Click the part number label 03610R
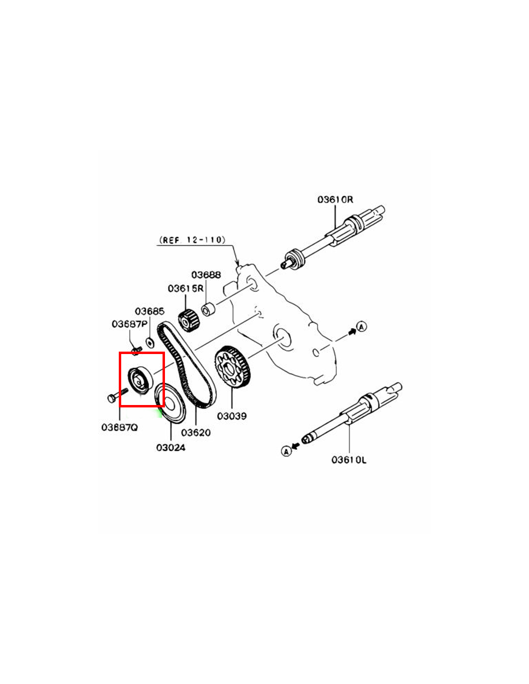(x=335, y=200)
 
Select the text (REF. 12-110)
(x=192, y=240)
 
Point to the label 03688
(x=206, y=275)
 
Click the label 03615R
(x=186, y=288)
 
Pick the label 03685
(x=150, y=311)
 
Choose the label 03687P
(x=130, y=324)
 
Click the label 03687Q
(x=120, y=428)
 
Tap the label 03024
(x=171, y=447)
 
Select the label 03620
(x=196, y=432)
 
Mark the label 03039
(x=232, y=416)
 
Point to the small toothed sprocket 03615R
(x=189, y=320)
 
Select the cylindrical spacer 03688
(x=208, y=309)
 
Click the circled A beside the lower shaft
(x=286, y=451)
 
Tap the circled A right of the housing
(x=362, y=327)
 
